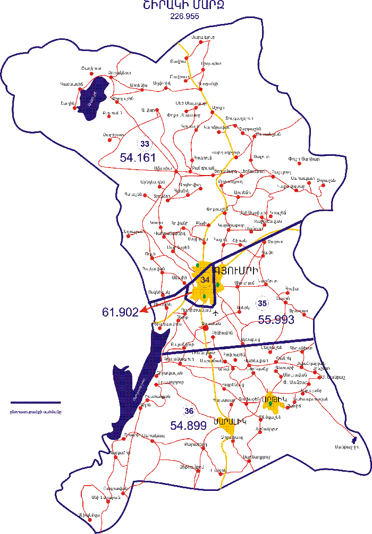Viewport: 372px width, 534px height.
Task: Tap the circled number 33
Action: [144, 143]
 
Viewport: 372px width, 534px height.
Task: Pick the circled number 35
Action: [261, 304]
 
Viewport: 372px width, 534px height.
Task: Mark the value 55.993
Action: [276, 319]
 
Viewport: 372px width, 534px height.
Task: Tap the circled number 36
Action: [189, 411]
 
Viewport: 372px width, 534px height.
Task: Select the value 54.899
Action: [188, 425]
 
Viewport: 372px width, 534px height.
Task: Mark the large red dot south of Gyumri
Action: [206, 327]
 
